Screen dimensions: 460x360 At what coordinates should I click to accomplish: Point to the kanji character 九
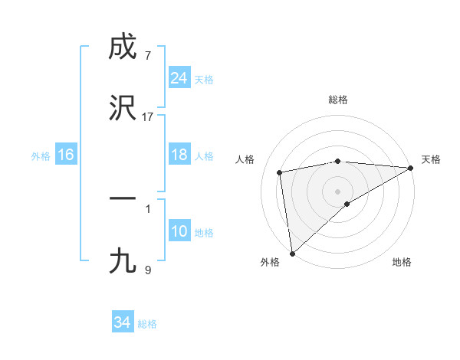pos(123,261)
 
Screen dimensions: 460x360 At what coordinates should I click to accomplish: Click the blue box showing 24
pos(179,77)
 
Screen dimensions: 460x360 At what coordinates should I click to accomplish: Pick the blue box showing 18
pos(179,155)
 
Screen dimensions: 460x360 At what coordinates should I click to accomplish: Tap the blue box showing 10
pos(179,231)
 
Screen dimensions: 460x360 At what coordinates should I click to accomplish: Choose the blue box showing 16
pos(65,155)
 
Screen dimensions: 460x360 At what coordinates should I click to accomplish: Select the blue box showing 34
pos(122,322)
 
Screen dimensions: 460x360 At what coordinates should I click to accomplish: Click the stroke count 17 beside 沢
pos(148,117)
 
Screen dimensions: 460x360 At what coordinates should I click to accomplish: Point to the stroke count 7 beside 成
pos(148,57)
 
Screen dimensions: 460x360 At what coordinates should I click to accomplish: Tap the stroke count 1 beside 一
pos(148,207)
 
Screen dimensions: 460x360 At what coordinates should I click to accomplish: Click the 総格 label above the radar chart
pos(338,100)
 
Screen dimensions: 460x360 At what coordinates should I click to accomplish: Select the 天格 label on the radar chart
pos(431,159)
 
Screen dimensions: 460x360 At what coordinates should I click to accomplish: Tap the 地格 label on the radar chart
pos(402,262)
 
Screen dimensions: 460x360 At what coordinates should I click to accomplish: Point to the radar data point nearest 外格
pos(292,253)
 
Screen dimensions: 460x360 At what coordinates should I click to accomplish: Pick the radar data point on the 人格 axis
pos(280,172)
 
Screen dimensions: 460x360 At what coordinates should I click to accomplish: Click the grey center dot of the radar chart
pos(338,191)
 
